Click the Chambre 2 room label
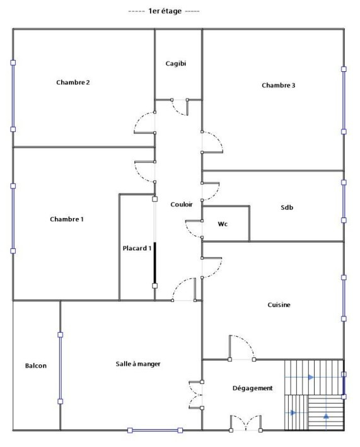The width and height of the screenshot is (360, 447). pos(73,83)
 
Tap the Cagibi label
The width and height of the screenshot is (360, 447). pos(175,64)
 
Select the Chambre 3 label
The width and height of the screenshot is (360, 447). pos(279,85)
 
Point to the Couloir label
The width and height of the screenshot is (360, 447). pos(182,204)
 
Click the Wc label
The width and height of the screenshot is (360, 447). pos(223,224)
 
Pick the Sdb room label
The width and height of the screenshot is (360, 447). pos(287,207)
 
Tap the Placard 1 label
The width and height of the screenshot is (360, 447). pos(137,248)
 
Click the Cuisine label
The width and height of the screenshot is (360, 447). pos(279,305)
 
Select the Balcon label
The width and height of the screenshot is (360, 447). pos(36,366)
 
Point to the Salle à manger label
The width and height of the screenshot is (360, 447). pos(138,364)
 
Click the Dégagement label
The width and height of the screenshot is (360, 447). pos(253,388)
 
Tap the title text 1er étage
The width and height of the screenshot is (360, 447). pos(165,11)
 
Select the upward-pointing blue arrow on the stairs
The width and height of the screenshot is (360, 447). pos(326,416)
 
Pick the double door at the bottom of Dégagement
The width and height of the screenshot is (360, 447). pos(246,423)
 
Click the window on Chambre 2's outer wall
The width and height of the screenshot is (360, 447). pos(13,96)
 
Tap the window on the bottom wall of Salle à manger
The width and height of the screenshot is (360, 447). pos(155,430)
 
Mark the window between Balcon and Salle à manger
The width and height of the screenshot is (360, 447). pos(60,368)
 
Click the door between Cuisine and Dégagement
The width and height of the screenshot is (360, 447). pos(241,348)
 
